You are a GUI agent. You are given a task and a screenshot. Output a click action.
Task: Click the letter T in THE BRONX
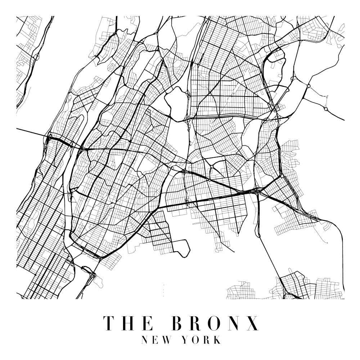110,323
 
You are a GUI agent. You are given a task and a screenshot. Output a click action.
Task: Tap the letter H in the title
129,323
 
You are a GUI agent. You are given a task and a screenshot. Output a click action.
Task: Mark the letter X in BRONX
253,323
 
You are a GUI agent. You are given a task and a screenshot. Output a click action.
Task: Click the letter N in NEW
145,340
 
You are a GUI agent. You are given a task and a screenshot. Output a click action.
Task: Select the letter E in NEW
156,340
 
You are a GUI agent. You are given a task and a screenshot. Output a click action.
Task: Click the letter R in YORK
208,340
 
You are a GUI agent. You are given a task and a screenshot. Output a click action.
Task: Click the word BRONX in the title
216,323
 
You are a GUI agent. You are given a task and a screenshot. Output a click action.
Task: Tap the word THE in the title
129,323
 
